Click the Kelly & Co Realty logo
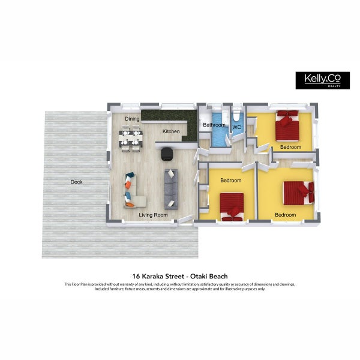click(323, 80)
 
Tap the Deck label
click(76, 182)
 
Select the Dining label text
click(132, 119)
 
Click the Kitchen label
click(171, 131)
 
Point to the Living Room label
click(153, 215)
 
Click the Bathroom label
click(214, 125)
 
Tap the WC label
click(236, 127)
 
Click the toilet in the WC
click(236, 115)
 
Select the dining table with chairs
click(130, 138)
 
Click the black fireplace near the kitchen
click(167, 154)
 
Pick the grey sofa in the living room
click(171, 189)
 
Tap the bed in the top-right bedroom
click(287, 126)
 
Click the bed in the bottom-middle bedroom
click(232, 207)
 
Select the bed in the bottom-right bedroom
click(299, 193)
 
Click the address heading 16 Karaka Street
click(158, 276)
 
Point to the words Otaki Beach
click(209, 276)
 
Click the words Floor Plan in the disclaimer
click(79, 284)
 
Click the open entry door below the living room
click(185, 219)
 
